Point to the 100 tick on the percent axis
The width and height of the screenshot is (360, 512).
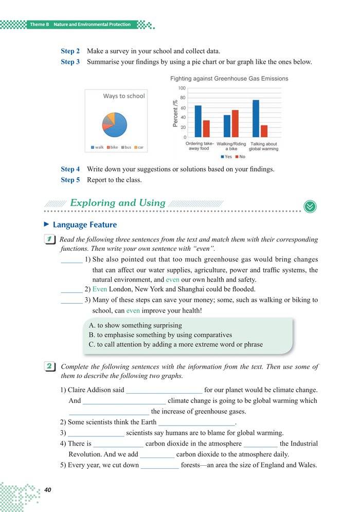tap(182, 88)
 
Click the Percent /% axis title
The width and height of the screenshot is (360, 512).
tap(175, 113)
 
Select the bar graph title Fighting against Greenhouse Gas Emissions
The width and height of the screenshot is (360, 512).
tap(229, 79)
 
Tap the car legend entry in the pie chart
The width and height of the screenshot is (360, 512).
tap(138, 148)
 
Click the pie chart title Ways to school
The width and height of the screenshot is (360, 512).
tap(124, 96)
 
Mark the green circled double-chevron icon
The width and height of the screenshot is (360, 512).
tap(310, 205)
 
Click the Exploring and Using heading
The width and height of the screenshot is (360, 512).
tap(117, 203)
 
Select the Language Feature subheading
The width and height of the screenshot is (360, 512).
tap(84, 225)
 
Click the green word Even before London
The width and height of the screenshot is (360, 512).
tap(100, 289)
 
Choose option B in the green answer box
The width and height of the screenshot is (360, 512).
tap(160, 335)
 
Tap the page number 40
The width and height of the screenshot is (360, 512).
tap(48, 490)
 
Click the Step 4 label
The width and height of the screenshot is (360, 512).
tap(70, 169)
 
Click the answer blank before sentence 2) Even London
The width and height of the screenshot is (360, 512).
tap(71, 290)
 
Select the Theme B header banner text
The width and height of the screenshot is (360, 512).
tap(80, 24)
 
